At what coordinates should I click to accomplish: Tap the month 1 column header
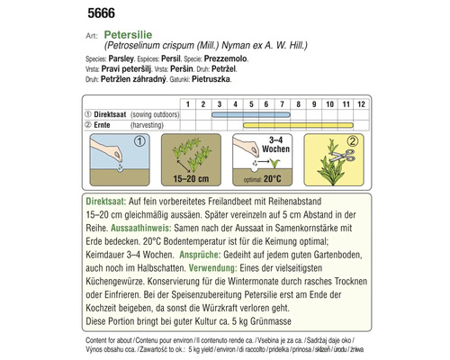coord(189,104)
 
